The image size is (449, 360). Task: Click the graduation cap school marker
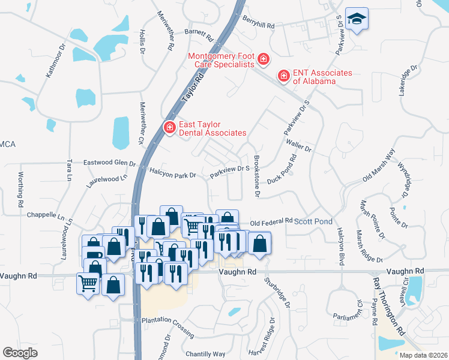[x=358, y=20]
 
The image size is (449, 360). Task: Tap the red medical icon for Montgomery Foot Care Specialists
[x=263, y=59]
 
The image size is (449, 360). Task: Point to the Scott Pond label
[x=313, y=221]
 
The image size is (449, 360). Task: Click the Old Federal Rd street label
[x=271, y=221]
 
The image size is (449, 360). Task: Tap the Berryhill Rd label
[x=259, y=26]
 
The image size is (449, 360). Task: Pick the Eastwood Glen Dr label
[x=109, y=163]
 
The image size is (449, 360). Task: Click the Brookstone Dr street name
[x=256, y=178]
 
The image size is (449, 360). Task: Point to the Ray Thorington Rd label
[x=389, y=305]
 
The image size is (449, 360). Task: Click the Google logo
[x=20, y=353]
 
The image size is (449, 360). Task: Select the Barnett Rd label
[x=199, y=35]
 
